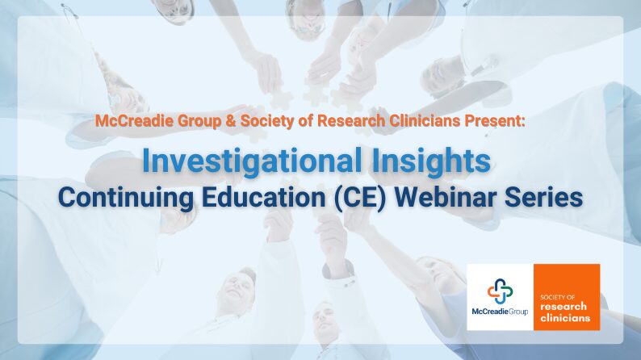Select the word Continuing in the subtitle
[x=126, y=199]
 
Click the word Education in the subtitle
[x=263, y=197]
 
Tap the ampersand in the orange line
[x=231, y=121]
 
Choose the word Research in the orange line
[x=351, y=121]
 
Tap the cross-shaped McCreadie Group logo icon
[x=500, y=291]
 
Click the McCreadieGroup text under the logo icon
[x=500, y=312]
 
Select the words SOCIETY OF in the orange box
[x=557, y=297]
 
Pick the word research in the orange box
[x=563, y=307]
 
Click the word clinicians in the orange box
[x=565, y=317]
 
